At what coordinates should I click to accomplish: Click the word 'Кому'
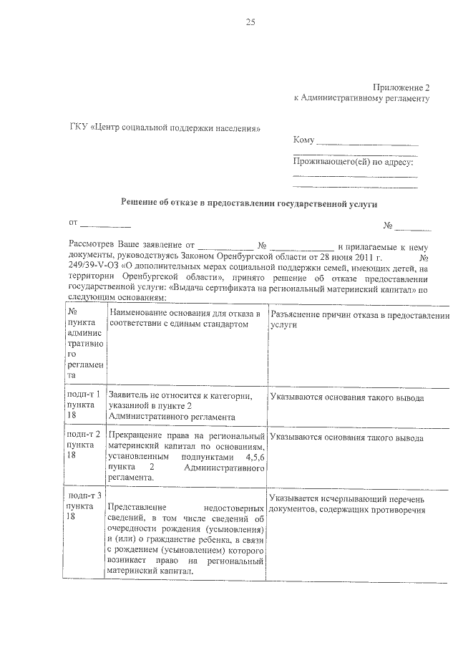(304, 140)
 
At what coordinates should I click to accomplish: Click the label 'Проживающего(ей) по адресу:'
(354, 163)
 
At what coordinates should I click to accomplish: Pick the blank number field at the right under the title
(413, 227)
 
